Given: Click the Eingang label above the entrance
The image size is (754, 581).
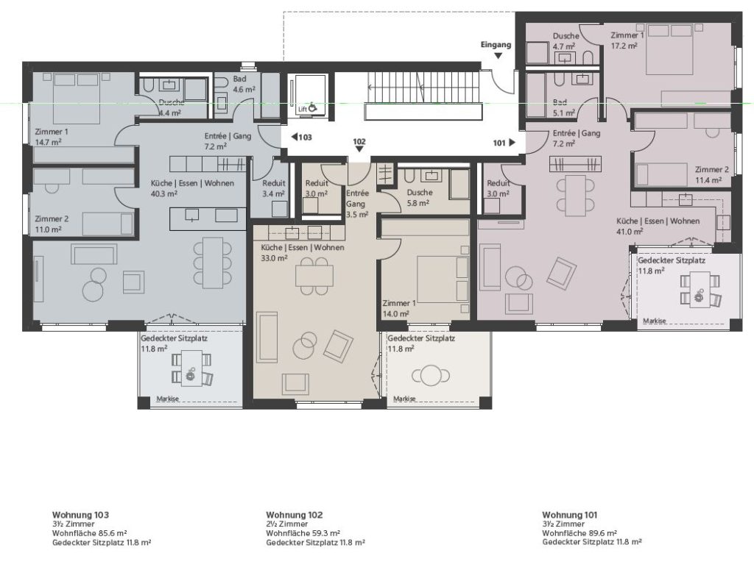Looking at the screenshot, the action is [x=496, y=45].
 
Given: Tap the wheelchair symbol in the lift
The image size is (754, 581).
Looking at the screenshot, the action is [x=312, y=108].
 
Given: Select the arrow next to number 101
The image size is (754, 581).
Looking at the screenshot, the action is [x=512, y=142].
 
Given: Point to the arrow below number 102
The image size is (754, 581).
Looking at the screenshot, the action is [x=359, y=149].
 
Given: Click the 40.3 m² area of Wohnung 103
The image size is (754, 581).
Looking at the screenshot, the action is [x=164, y=194].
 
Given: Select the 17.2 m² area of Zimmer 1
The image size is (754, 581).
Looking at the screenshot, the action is [x=624, y=46].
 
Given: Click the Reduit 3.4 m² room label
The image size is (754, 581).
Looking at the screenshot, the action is [x=274, y=188].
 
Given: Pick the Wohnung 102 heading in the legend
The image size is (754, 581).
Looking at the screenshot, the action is [x=295, y=515].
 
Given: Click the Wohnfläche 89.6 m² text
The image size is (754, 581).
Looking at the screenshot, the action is [x=579, y=533].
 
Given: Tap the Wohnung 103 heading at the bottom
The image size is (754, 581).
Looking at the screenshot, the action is [x=80, y=515].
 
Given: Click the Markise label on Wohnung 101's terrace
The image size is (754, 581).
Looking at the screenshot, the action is [x=655, y=321].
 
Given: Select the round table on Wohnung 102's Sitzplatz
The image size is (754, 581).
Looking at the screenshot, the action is [x=430, y=376].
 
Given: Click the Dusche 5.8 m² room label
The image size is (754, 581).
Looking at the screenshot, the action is [x=419, y=197].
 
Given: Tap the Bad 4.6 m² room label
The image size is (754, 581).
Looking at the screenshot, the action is [x=244, y=84].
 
